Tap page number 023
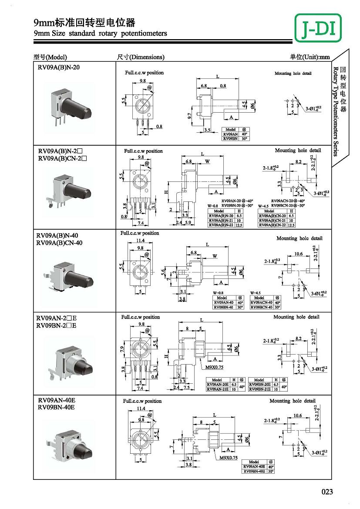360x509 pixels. [327, 492]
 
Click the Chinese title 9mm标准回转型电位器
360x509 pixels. [84, 23]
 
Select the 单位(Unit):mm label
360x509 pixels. [310, 57]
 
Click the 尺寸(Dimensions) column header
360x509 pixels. [141, 57]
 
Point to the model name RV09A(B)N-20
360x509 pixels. [59, 67]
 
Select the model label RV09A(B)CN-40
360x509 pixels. [59, 243]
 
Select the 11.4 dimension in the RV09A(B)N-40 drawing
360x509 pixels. [140, 241]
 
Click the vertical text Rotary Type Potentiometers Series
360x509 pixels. [336, 111]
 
